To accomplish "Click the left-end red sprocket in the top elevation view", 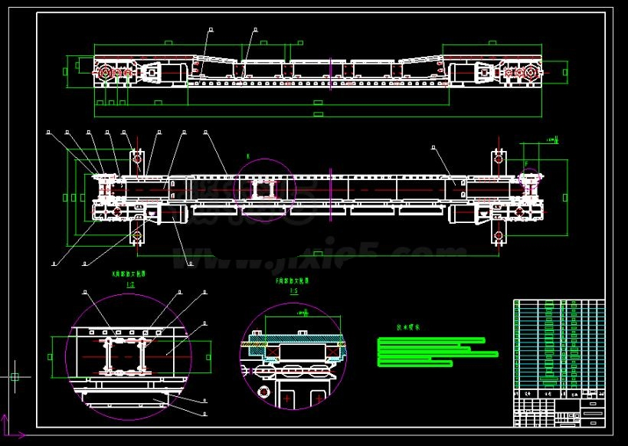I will coord(104,74).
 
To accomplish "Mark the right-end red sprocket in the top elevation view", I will coord(529,74).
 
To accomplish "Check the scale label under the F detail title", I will coord(292,292).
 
